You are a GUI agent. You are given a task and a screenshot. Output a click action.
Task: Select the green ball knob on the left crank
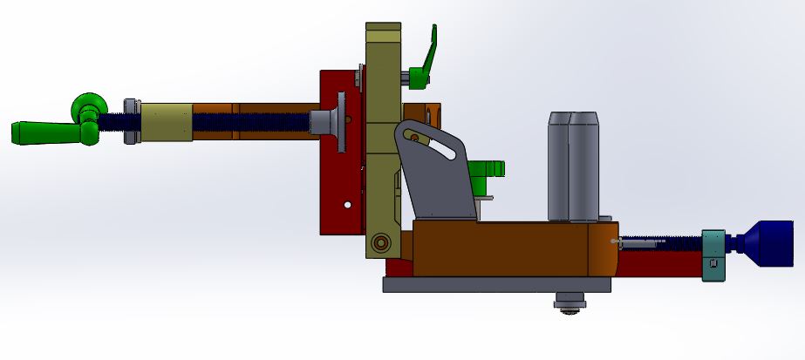[86, 104]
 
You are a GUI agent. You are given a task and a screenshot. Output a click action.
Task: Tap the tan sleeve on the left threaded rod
[167, 122]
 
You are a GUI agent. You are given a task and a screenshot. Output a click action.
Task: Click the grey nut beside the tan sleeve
[132, 122]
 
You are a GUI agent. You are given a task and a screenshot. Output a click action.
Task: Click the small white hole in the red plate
[347, 205]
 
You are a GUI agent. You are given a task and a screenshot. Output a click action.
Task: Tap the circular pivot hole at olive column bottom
[379, 241]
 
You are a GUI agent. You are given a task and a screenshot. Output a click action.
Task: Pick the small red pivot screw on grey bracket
[414, 136]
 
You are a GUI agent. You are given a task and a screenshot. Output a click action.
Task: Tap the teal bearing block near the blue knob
[713, 255]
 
